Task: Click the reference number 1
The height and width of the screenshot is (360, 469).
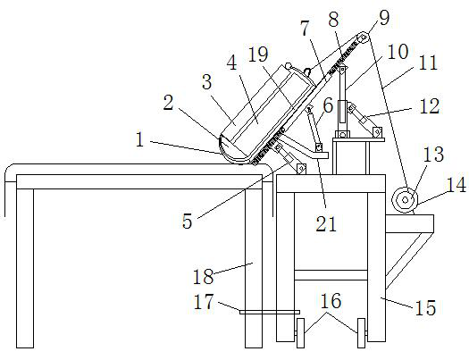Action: click(x=139, y=139)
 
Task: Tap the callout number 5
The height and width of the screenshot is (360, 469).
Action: click(x=188, y=222)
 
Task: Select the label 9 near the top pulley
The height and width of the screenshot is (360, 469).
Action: click(x=384, y=18)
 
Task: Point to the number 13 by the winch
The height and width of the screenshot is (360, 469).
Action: click(x=433, y=154)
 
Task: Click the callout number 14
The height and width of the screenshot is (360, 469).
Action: click(x=456, y=185)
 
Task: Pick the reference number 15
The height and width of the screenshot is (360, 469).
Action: click(x=425, y=307)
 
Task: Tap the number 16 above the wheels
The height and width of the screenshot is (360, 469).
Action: click(x=331, y=301)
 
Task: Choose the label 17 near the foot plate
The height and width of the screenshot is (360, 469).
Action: click(x=204, y=301)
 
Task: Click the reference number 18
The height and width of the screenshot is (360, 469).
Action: click(x=203, y=277)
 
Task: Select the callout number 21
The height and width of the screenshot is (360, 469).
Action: click(x=326, y=224)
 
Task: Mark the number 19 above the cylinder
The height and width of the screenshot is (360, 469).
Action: click(x=258, y=54)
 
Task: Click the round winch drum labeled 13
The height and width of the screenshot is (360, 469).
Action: click(x=405, y=200)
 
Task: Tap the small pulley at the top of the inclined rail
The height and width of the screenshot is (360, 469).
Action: click(x=362, y=38)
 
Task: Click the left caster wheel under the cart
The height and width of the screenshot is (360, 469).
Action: click(x=300, y=333)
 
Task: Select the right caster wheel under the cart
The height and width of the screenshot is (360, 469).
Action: click(x=361, y=333)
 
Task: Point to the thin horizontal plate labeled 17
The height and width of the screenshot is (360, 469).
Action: click(x=270, y=312)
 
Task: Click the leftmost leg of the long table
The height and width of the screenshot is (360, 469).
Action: click(x=25, y=268)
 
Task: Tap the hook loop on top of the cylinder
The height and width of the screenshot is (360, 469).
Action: click(x=306, y=71)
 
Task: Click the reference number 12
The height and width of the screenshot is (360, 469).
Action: click(x=429, y=106)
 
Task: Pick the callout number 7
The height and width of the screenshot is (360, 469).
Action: click(x=306, y=29)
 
